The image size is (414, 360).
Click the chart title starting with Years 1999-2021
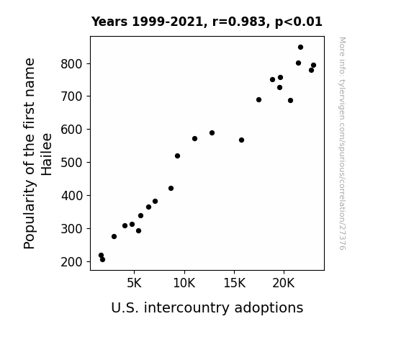pos(207,22)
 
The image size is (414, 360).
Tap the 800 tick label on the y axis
pos(71,64)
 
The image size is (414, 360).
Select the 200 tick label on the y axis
pos(71,262)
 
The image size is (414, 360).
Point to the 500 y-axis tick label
pos(71,163)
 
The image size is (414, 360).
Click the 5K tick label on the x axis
pos(134,283)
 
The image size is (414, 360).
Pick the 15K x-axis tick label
pos(234,283)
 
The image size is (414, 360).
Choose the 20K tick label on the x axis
pos(284,283)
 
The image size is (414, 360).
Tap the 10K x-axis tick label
pos(184,283)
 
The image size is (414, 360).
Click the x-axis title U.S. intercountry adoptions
pos(207,307)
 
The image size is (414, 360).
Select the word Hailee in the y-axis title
pos(47,154)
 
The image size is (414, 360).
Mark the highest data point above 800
pos(300,48)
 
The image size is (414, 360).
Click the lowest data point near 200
pos(102,260)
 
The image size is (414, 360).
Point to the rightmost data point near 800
pos(313,66)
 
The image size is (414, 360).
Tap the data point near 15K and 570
pos(241,140)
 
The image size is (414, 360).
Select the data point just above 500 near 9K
pos(177,156)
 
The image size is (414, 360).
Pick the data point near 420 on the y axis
pos(171,189)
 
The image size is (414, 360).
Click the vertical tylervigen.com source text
pos(342,143)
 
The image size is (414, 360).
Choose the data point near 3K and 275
pos(114,236)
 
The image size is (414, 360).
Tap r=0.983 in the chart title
pos(239,22)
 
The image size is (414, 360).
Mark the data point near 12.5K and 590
pos(212,133)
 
